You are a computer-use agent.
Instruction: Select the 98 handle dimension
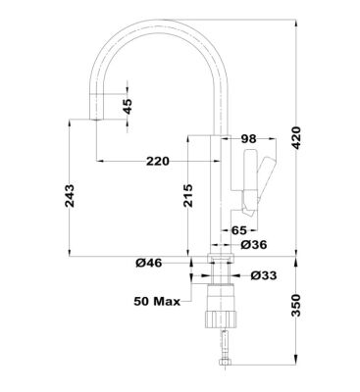point(247,140)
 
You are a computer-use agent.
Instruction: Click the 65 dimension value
point(237,229)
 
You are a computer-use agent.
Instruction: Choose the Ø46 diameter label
point(148,263)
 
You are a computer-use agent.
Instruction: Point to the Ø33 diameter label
point(264,275)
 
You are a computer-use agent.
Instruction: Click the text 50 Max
point(157,301)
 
